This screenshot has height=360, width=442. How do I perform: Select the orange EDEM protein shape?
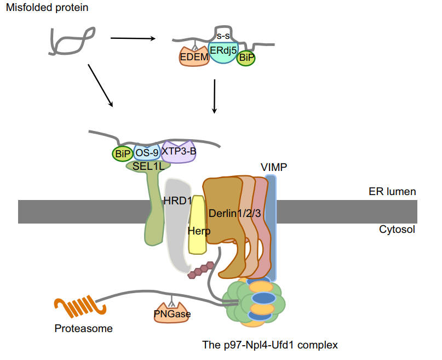coord(193,56)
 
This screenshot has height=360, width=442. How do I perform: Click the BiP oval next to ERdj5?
coord(246,56)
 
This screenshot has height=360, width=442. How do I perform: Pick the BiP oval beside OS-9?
coord(122,153)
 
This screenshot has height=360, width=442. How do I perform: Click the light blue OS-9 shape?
coord(146,153)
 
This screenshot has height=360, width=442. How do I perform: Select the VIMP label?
coord(275,167)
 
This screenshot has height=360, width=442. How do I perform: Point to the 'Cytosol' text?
coord(397,229)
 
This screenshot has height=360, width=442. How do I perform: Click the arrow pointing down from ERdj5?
coord(214,96)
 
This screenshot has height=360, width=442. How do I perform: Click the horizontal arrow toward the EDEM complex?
coord(133,38)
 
